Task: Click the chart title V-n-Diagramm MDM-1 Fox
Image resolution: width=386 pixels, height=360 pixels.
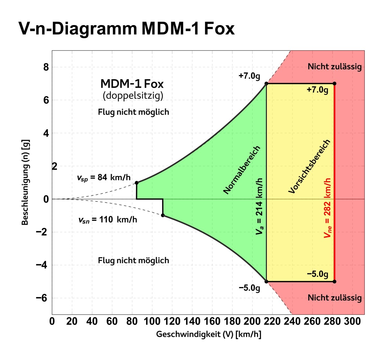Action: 126,29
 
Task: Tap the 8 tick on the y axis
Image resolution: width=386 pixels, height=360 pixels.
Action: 46,67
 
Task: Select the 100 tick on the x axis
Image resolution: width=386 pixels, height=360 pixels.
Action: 152,321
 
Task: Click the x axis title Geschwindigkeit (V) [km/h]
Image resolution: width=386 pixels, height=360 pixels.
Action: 208,334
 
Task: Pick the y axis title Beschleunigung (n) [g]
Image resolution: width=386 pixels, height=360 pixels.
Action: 25,182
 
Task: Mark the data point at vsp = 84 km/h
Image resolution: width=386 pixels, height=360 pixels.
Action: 137,183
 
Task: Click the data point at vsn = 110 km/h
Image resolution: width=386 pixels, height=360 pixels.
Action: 163,215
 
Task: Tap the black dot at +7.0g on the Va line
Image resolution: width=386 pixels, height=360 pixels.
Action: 266,84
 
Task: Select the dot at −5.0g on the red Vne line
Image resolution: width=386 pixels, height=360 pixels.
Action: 335,282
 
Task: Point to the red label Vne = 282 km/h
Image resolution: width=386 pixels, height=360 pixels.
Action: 327,208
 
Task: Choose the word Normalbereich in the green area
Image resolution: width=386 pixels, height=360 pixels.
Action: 242,170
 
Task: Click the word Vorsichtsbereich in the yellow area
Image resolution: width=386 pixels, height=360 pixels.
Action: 309,166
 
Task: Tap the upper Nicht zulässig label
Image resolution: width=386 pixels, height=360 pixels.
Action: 335,67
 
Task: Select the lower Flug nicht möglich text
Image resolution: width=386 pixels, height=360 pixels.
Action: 133,260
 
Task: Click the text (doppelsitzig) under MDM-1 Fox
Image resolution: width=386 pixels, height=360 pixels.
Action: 133,95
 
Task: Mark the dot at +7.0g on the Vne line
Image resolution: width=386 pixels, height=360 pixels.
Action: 335,84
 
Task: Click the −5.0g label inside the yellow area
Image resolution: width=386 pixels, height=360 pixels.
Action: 317,274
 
